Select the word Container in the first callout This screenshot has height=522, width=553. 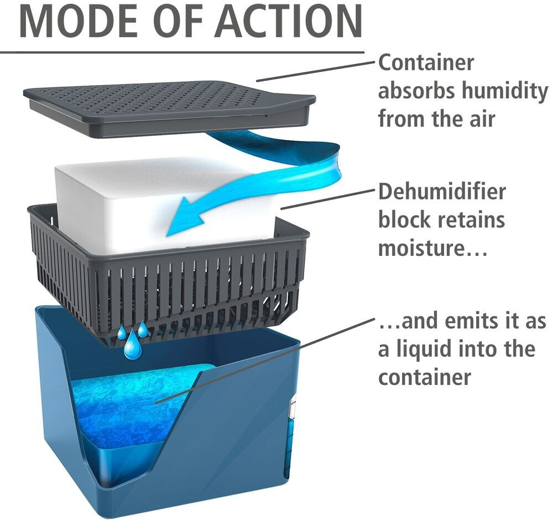click(426, 62)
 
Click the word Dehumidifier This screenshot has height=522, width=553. click(442, 192)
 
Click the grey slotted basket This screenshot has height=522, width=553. click(166, 287)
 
